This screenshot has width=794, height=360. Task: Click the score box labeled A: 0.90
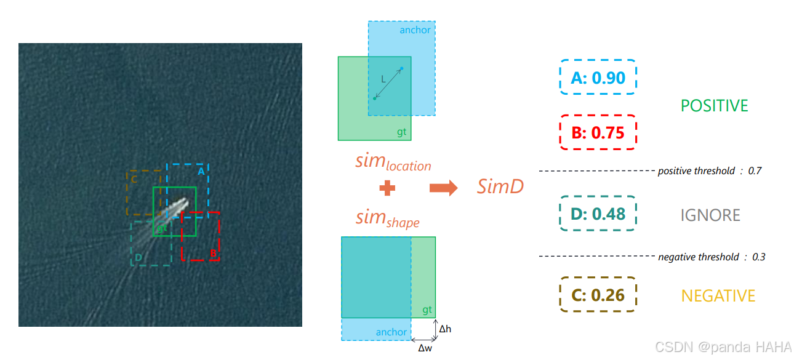pyautogui.click(x=598, y=78)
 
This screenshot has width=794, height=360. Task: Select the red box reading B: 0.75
pyautogui.click(x=598, y=132)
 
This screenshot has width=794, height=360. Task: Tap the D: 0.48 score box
pyautogui.click(x=598, y=214)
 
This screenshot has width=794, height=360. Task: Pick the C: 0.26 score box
pyautogui.click(x=598, y=295)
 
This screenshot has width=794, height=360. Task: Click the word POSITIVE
pyautogui.click(x=714, y=106)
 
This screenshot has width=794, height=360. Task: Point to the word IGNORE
pyautogui.click(x=710, y=215)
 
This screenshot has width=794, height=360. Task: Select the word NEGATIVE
pyautogui.click(x=718, y=296)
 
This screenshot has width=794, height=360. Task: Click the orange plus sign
pyautogui.click(x=387, y=188)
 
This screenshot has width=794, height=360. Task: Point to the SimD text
pyautogui.click(x=500, y=186)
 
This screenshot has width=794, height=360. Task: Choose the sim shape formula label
pyautogui.click(x=387, y=218)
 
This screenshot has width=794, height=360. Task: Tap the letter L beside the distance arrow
pyautogui.click(x=383, y=79)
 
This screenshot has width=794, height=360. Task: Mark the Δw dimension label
pyautogui.click(x=425, y=348)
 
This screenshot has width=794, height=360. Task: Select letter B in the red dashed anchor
pyautogui.click(x=212, y=253)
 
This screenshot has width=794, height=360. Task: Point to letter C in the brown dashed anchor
pyautogui.click(x=134, y=179)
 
